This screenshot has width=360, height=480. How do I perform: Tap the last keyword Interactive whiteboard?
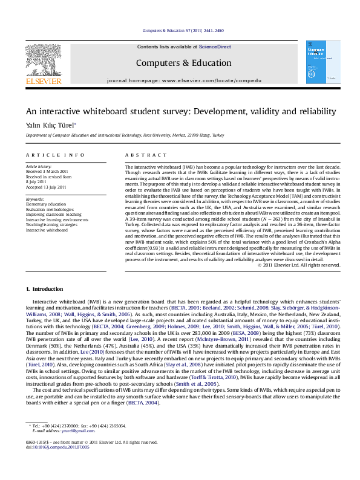(x=47, y=230)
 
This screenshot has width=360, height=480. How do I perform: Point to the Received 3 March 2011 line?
(x=46, y=172)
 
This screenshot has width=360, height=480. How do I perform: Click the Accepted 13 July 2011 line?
(x=46, y=187)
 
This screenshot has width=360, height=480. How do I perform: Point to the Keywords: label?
(x=35, y=199)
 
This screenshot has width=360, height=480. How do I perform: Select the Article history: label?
(x=38, y=166)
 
